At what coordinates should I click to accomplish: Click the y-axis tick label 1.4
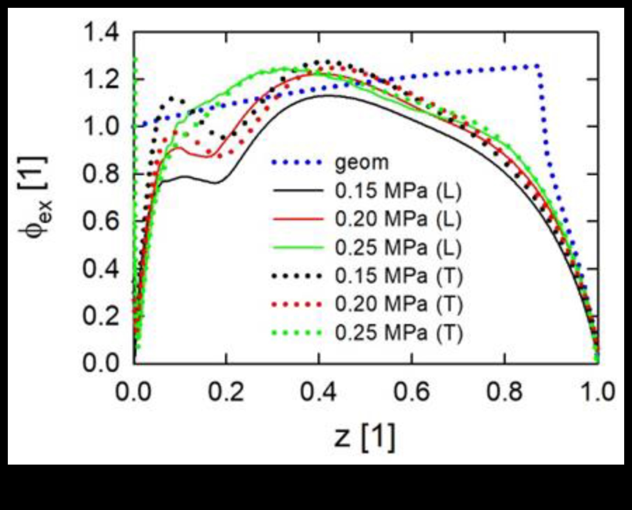point(101,32)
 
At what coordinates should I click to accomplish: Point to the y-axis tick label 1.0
point(101,126)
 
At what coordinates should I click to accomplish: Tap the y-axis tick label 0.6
point(101,222)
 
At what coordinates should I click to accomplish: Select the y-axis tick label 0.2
point(101,315)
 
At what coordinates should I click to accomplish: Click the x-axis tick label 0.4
point(318,392)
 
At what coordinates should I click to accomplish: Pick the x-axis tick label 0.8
point(505,392)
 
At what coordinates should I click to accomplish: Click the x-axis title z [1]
point(364,437)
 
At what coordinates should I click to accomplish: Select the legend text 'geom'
point(362,162)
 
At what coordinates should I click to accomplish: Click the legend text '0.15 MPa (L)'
point(398,191)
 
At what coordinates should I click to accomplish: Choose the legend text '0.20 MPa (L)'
point(398,219)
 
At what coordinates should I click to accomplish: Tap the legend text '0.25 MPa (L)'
point(398,248)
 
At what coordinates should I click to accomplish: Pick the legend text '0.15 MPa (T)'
point(398,276)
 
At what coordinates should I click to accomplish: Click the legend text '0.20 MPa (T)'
point(398,305)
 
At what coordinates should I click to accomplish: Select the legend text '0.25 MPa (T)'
point(398,333)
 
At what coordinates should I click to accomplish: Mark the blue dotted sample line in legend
point(297,162)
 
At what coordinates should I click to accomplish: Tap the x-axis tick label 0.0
point(133,392)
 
